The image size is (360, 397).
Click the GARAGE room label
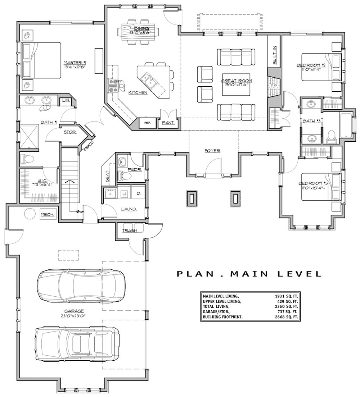75,311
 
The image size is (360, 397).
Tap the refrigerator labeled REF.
147,123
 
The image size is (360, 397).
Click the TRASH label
129,231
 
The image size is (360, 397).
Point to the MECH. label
47,215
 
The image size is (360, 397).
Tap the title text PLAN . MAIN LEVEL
249,274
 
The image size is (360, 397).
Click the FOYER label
213,151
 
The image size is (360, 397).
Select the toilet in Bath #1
27,158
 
